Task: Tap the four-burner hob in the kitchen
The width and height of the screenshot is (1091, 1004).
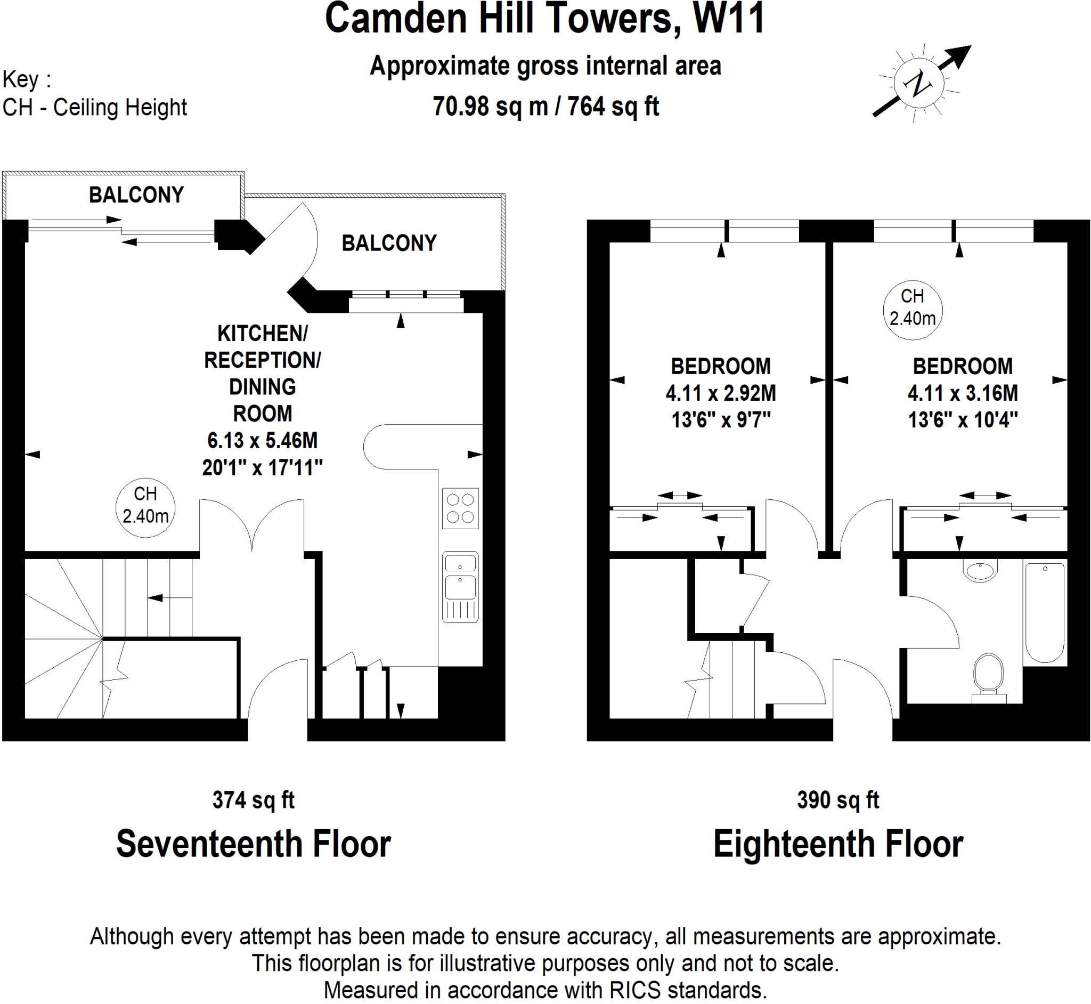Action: tap(460, 508)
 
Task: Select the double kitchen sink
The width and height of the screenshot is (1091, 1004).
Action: tap(460, 586)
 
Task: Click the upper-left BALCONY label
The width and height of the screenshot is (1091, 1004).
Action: tap(136, 195)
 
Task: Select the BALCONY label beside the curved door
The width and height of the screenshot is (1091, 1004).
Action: tap(389, 244)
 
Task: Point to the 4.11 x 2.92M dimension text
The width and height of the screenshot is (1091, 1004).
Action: tap(721, 393)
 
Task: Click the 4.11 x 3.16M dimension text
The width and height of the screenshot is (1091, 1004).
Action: tap(962, 393)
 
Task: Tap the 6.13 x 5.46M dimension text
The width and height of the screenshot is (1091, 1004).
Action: tap(262, 440)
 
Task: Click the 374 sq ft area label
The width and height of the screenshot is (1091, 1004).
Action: tap(253, 800)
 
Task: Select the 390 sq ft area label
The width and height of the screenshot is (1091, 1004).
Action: tap(837, 800)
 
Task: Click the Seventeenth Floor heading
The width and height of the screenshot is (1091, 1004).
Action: tap(253, 844)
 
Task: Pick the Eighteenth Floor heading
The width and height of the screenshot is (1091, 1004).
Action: tap(837, 844)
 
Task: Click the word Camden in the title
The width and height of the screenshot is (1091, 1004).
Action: tap(396, 19)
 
